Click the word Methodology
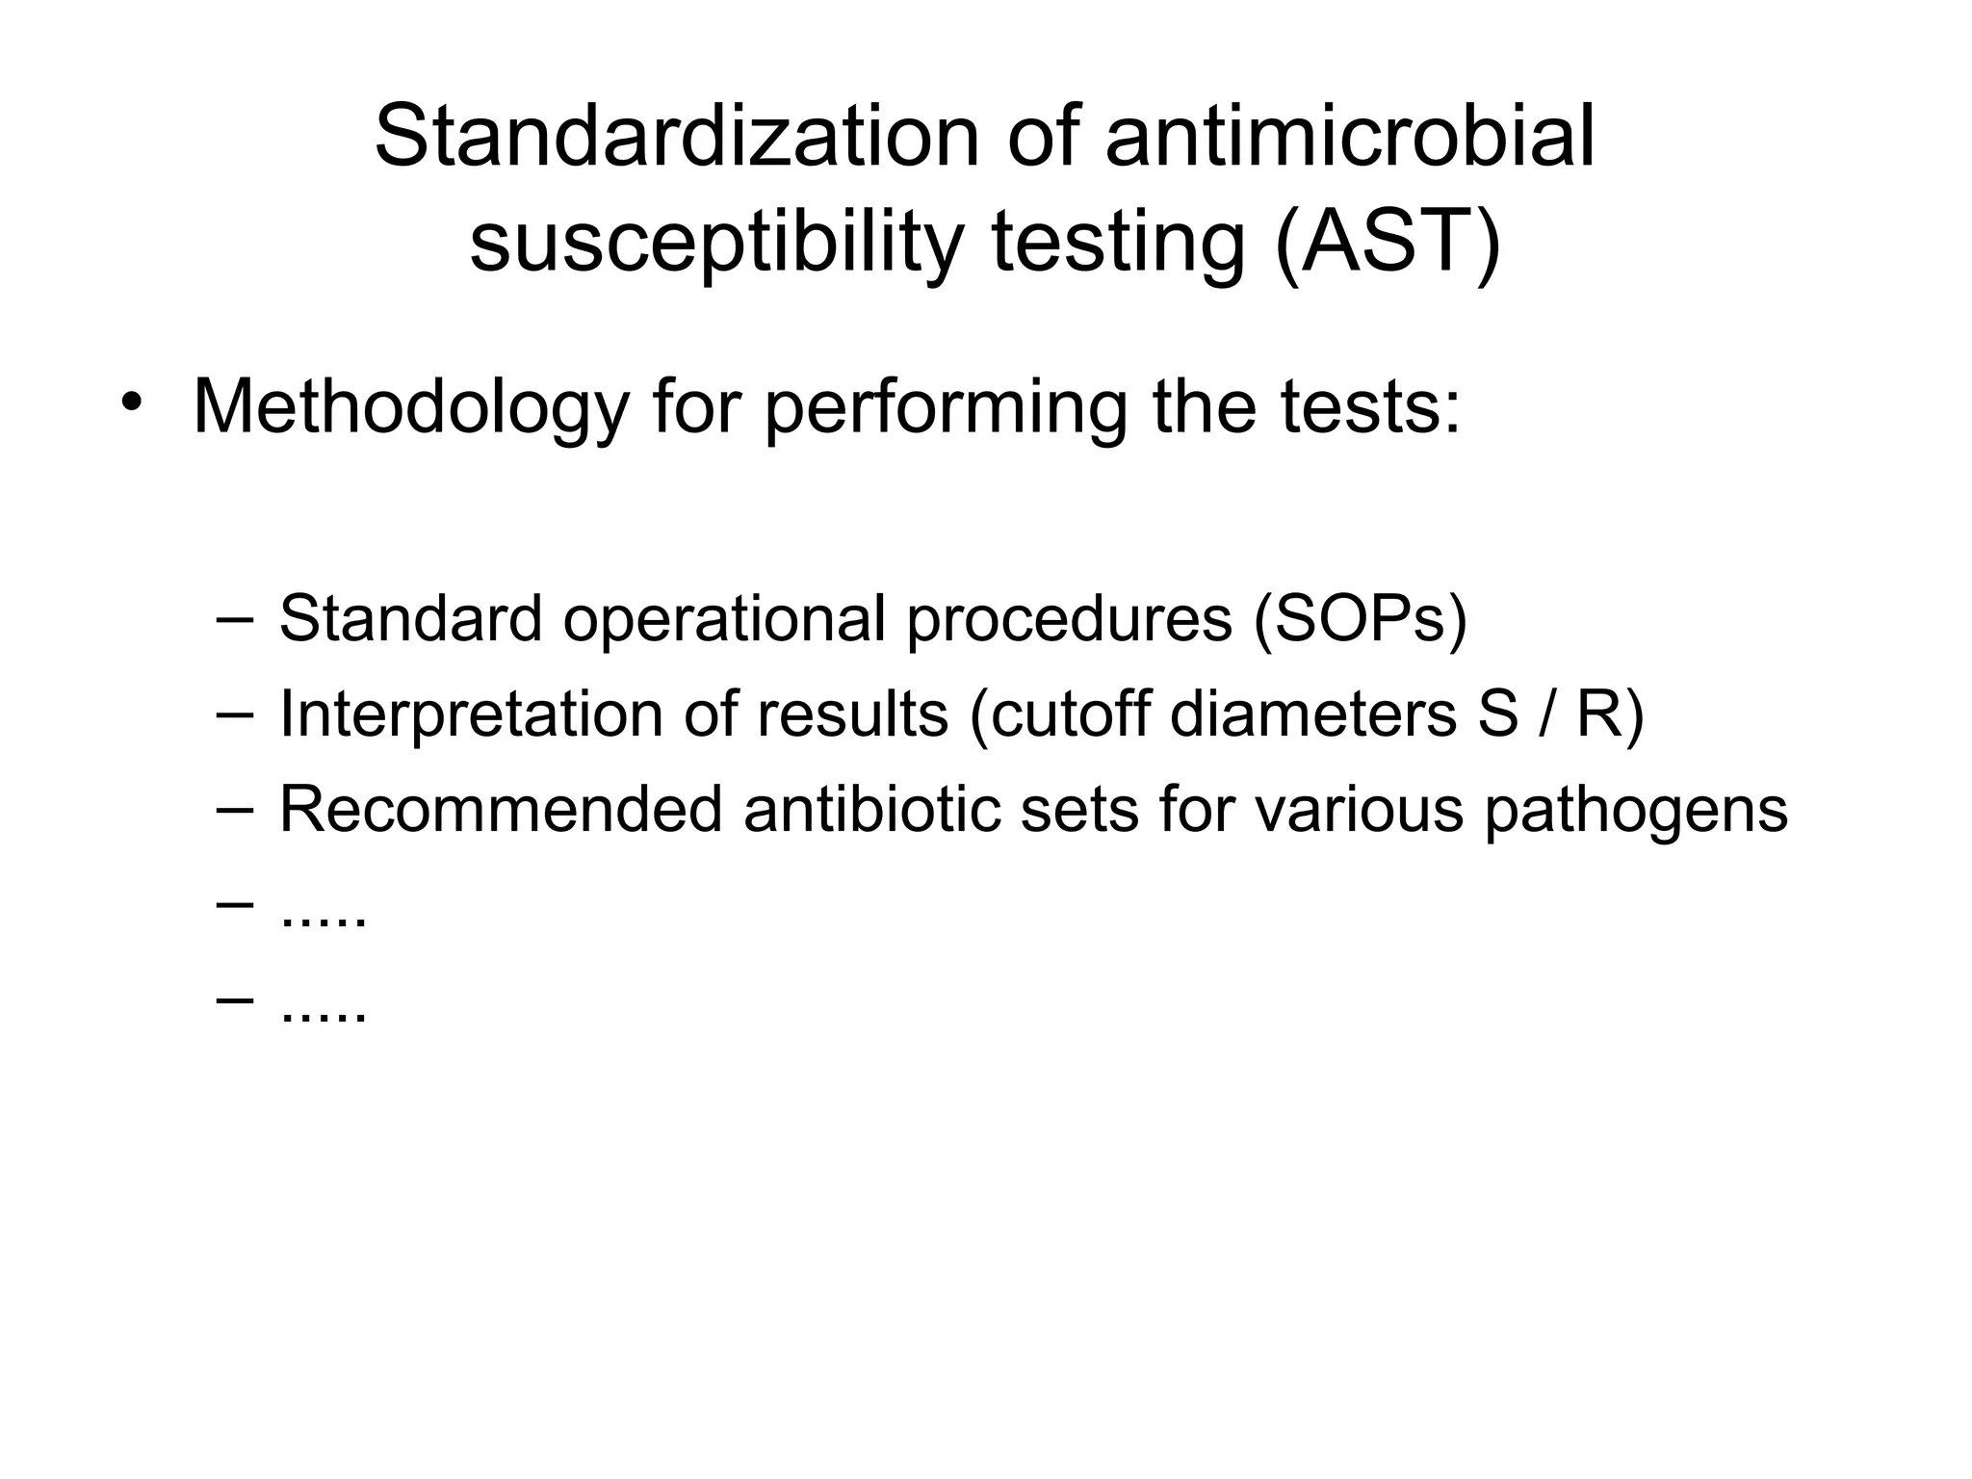click(410, 408)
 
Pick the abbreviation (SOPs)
click(1360, 618)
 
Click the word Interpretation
click(471, 714)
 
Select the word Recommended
click(501, 809)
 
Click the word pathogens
click(1635, 811)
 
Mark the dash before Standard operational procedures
click(234, 616)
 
